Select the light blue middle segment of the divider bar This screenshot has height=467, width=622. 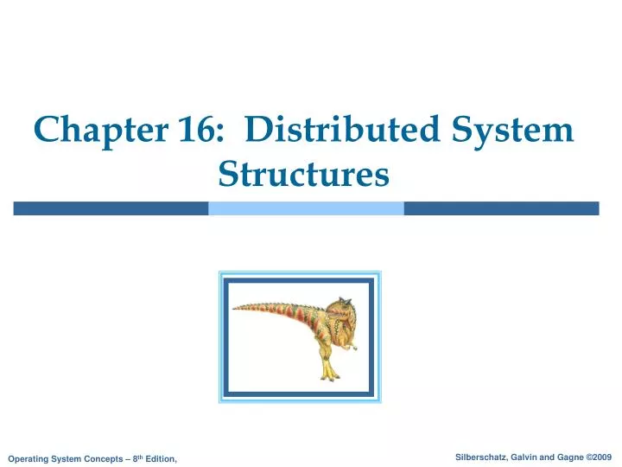tap(306, 208)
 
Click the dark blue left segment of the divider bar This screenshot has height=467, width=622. tap(111, 208)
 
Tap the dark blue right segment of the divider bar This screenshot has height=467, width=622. tap(501, 208)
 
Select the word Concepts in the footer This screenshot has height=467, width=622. tap(98, 457)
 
